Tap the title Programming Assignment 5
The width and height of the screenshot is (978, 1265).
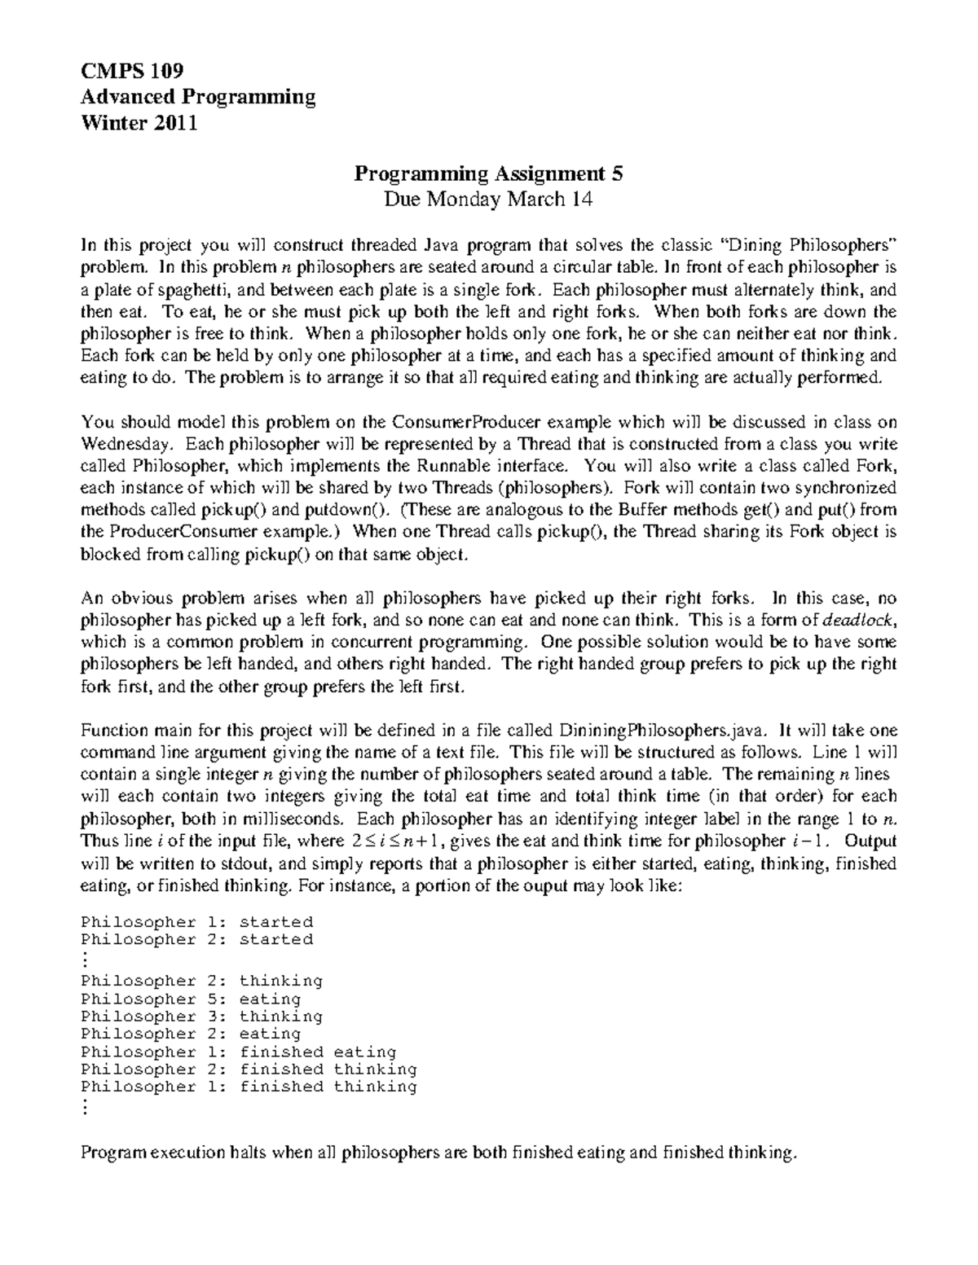(x=488, y=173)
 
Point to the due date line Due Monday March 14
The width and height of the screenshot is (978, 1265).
(x=488, y=200)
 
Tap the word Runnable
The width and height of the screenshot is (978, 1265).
(x=456, y=466)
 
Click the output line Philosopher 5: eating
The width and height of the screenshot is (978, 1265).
(x=191, y=999)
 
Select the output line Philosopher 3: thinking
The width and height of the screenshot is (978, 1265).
(x=201, y=1017)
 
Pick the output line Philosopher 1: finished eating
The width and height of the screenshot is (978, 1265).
(x=238, y=1052)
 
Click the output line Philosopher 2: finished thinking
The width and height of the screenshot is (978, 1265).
(x=249, y=1070)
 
